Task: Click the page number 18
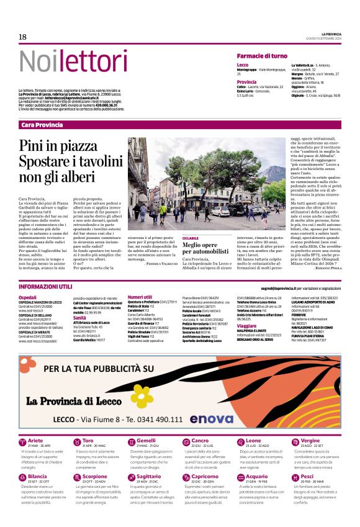pyautogui.click(x=22, y=37)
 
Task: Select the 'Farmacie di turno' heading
pyautogui.click(x=262, y=56)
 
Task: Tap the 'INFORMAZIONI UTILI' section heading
pyautogui.click(x=45, y=288)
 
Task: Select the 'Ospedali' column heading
pyautogui.click(x=28, y=297)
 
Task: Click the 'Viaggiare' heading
pyautogui.click(x=246, y=325)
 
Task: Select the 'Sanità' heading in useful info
pyautogui.click(x=81, y=317)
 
